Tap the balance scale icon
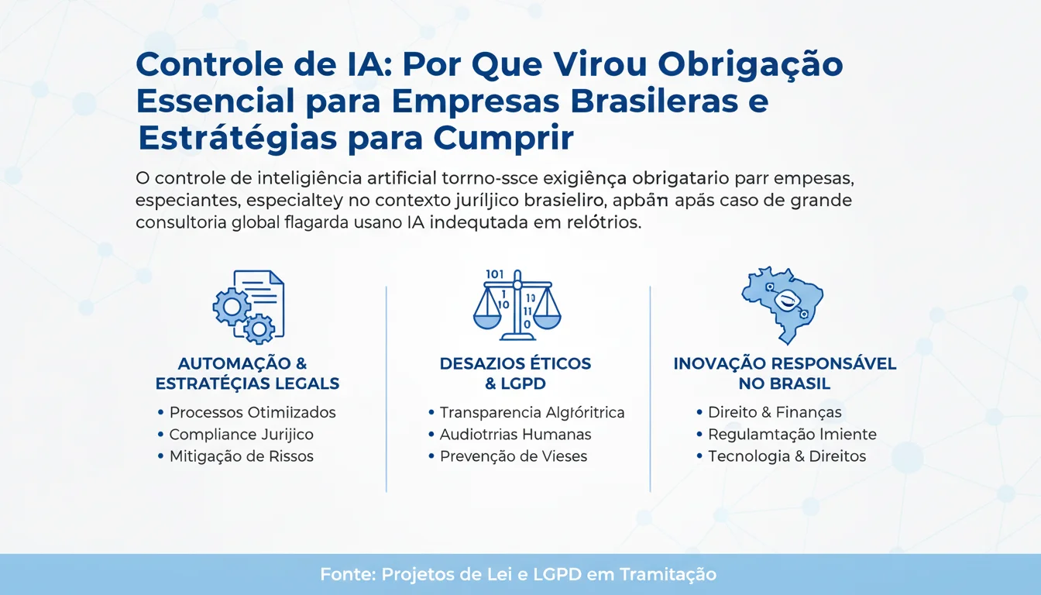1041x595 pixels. click(517, 304)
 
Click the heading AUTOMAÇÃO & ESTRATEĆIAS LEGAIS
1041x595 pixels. click(247, 373)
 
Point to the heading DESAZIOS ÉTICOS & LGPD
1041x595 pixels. click(515, 373)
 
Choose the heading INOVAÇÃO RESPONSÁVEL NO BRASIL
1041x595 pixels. click(785, 373)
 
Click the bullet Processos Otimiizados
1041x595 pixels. click(253, 413)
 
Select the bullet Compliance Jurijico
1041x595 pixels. click(241, 435)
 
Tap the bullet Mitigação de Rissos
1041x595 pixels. click(241, 456)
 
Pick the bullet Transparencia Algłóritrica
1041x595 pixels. click(531, 413)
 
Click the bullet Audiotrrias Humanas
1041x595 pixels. click(515, 435)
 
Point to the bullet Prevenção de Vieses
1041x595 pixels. click(513, 456)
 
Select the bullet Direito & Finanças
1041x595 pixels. click(775, 413)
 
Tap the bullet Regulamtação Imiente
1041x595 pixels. click(792, 435)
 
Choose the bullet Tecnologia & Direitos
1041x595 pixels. click(786, 456)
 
